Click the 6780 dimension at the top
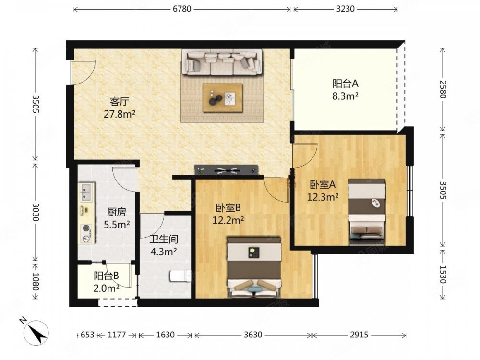(182, 9)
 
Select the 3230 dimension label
(345, 9)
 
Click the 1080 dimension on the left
(36, 282)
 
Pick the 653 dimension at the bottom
(87, 335)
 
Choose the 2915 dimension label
(359, 335)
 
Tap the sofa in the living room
(222, 62)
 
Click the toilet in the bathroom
(180, 276)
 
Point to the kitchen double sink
(87, 192)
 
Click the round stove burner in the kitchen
(86, 228)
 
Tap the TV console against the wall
(226, 170)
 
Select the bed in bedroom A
(367, 212)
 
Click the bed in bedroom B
(254, 267)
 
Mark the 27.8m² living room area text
(120, 114)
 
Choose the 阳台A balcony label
(345, 83)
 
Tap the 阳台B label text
(106, 276)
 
